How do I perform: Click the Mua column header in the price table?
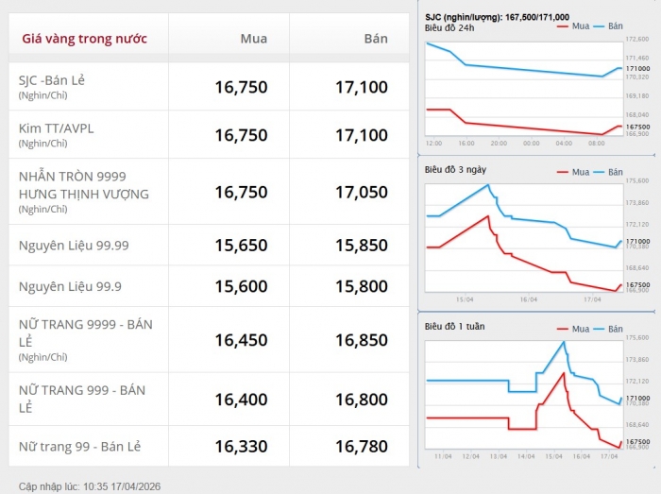point(253,39)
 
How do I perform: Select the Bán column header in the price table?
point(376,39)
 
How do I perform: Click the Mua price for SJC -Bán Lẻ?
point(241,87)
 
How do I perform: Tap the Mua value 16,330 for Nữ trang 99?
point(241,446)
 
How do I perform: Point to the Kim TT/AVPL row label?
point(57,128)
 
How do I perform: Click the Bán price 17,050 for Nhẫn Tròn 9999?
point(361,192)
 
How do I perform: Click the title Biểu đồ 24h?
point(449,27)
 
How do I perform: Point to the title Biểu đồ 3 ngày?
point(453,170)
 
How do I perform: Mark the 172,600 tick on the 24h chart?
point(637,40)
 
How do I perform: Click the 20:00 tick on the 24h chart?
point(500,144)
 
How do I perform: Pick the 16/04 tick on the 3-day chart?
point(527,299)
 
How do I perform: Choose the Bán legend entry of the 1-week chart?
point(609,329)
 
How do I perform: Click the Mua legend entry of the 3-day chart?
point(574,172)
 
